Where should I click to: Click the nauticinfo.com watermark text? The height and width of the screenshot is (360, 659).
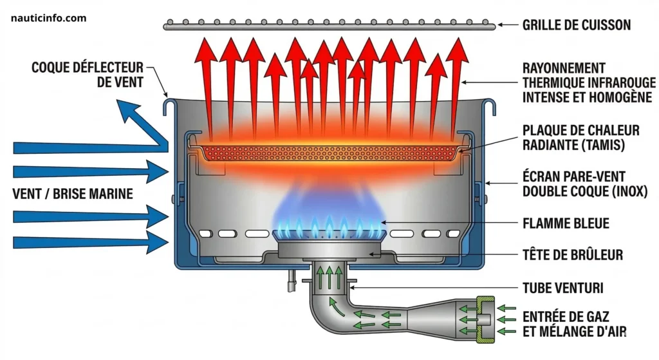click(49, 18)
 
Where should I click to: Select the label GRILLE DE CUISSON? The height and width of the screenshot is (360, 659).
click(576, 26)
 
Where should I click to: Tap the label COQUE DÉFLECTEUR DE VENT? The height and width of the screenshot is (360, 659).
click(88, 75)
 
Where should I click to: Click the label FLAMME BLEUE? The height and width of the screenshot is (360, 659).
click(566, 224)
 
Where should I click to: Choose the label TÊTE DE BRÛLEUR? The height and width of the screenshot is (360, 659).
click(573, 255)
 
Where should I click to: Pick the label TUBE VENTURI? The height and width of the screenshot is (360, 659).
click(562, 287)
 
